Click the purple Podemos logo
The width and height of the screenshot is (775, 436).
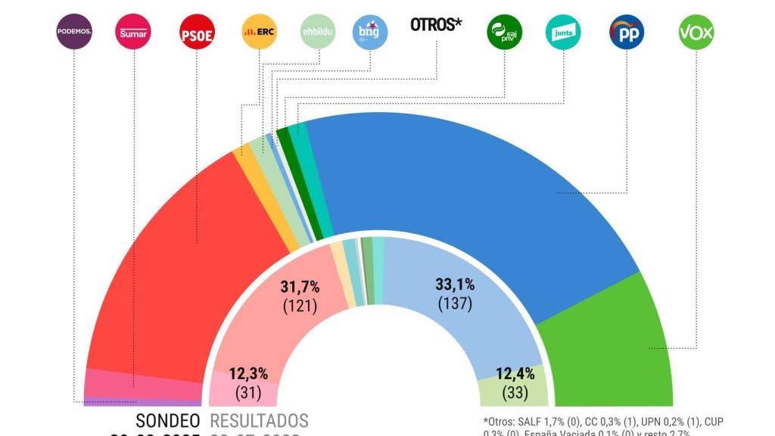(x=74, y=32)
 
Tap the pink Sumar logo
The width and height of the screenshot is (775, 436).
(x=134, y=32)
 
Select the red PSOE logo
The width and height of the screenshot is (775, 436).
(x=197, y=33)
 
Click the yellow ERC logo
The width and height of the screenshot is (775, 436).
(x=259, y=32)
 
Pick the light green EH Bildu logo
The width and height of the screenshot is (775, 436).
(x=319, y=32)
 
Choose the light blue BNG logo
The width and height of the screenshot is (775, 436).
(x=371, y=32)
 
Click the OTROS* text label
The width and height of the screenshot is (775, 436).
(x=436, y=25)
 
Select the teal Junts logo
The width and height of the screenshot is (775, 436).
(x=564, y=32)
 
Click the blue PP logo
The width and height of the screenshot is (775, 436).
(x=627, y=32)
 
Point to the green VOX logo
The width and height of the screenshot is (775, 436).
(x=696, y=32)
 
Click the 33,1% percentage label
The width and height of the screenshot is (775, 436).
(x=455, y=285)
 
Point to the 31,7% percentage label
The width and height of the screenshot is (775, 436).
(x=300, y=288)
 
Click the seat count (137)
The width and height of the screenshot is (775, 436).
(x=455, y=304)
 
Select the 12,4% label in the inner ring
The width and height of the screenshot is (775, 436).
(x=515, y=373)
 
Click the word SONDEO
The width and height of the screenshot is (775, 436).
(x=168, y=421)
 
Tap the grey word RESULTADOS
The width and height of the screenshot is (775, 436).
(x=259, y=421)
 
